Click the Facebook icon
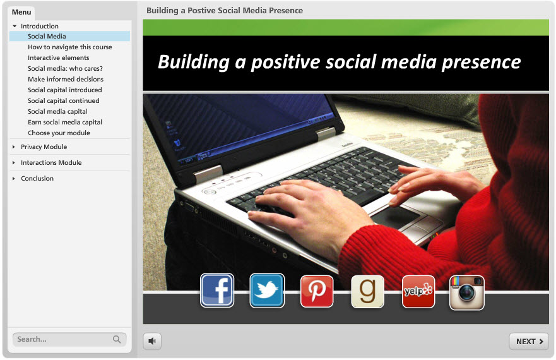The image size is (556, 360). point(217,291)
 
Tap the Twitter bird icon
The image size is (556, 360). point(267,291)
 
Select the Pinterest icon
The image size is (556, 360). point(317,291)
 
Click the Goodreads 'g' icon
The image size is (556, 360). point(367,291)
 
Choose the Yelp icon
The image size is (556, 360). point(418,291)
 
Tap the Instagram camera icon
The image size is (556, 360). point(466,292)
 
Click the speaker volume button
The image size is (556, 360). point(152,341)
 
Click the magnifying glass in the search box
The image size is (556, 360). point(117,339)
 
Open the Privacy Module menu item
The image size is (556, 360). point(44,147)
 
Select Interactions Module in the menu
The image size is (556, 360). point(51,162)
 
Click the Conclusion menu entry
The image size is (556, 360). point(37,178)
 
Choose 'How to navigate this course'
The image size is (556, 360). point(70,47)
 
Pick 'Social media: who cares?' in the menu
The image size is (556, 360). point(65,68)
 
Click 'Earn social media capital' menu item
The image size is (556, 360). point(65,122)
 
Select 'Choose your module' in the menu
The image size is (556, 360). point(59,133)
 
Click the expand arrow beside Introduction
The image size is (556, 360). point(15,27)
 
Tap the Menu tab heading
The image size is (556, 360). point(21,12)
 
